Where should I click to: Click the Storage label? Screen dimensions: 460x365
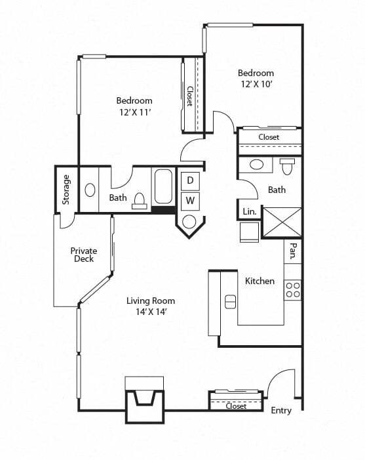coord(66,189)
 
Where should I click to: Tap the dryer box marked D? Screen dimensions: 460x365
coord(190,180)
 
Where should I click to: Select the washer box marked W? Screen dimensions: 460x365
coord(190,199)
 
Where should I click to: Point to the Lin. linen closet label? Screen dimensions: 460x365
coord(249,212)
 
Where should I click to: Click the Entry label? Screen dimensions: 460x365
coord(281,410)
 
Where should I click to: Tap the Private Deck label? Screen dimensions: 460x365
coord(84,255)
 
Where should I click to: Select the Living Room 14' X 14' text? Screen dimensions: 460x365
coord(151,306)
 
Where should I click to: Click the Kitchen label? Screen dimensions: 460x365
coord(259,281)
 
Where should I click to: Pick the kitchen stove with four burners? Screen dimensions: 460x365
coord(293,289)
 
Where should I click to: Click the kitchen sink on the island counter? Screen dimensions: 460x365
coord(230,301)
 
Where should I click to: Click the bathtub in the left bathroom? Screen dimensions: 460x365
coord(163,186)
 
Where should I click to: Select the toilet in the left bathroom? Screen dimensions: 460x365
coord(140,200)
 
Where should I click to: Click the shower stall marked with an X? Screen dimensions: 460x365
coord(282,222)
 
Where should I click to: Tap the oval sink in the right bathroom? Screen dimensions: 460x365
coord(257,165)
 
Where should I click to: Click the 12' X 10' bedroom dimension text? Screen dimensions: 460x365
coord(256,85)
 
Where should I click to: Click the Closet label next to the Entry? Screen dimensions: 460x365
coord(236,406)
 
